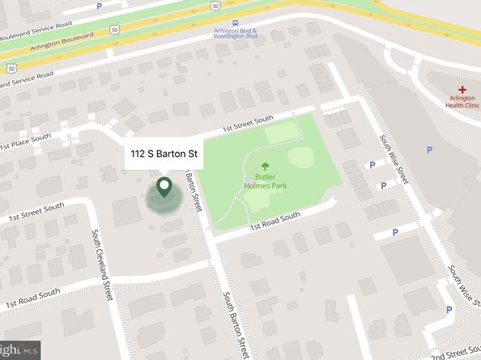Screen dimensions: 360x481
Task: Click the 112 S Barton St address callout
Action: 164,154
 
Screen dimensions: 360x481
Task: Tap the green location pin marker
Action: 164,188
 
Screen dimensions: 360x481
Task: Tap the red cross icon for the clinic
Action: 462,90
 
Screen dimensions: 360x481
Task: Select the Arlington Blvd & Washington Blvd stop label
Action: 235,34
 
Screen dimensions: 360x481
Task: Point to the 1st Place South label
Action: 26,142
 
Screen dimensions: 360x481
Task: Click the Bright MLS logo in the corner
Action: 19,352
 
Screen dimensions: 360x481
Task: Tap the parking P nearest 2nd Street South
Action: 450,309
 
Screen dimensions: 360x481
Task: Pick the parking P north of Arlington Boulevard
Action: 99,6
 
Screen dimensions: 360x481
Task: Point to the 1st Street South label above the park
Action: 248,126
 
